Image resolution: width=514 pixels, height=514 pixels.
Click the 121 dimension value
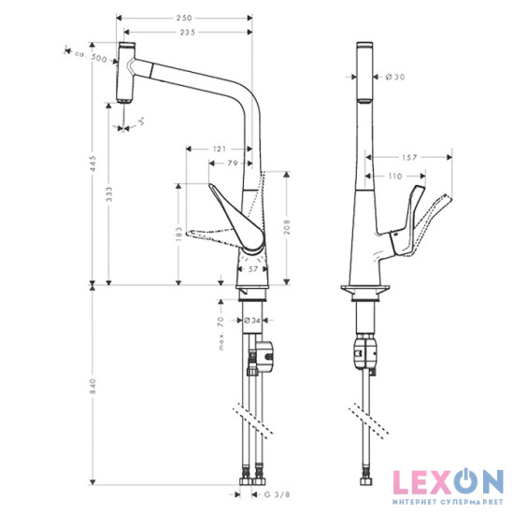[220, 149]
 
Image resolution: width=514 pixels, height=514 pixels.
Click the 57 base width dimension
[252, 268]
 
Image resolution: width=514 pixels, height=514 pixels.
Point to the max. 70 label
[221, 333]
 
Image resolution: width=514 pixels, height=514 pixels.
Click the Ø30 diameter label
[395, 77]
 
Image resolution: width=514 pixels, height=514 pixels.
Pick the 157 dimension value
[408, 157]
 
